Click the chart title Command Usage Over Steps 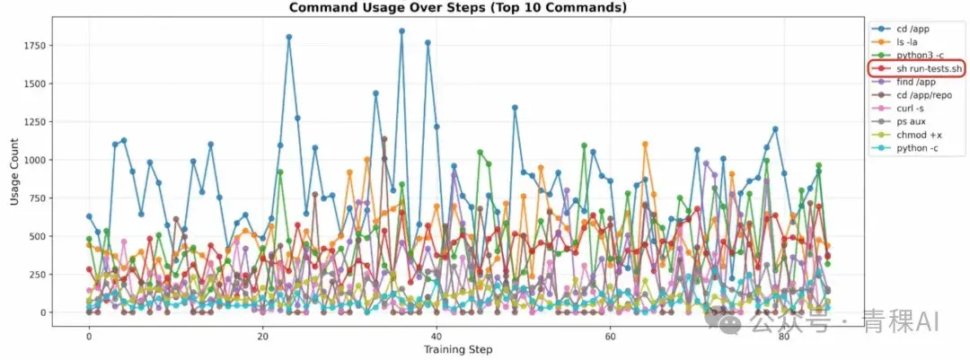tap(458, 8)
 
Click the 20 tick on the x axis tap(262, 336)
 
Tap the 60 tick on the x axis tap(610, 336)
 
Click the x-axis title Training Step tap(458, 349)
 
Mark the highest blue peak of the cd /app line tap(401, 31)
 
